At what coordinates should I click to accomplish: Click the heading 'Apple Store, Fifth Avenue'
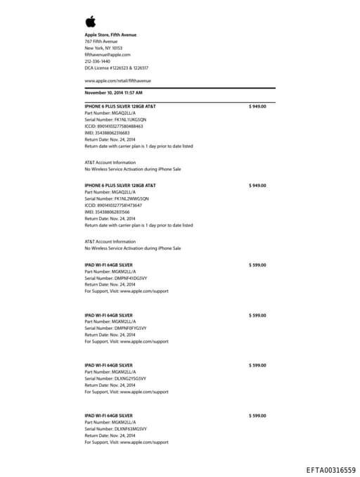tap(110, 34)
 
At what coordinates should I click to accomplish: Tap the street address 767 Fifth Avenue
tap(101, 42)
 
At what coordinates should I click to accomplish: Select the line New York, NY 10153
tap(103, 48)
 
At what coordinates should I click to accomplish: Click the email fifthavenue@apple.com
tap(108, 55)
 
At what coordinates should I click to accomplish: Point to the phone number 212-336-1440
tap(97, 61)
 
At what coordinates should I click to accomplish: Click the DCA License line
tap(116, 68)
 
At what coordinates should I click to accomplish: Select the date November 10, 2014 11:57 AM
tap(113, 92)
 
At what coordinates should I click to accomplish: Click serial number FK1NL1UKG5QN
tap(115, 120)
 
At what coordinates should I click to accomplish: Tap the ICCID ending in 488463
tap(113, 126)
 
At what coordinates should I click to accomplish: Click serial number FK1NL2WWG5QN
tap(116, 198)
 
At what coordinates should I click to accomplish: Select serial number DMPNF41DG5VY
tap(115, 278)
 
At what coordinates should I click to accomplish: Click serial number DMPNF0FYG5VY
tap(115, 329)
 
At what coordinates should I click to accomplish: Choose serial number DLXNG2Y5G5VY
tap(115, 379)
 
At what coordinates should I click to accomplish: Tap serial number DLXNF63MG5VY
tap(115, 428)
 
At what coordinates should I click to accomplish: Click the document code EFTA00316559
tap(330, 469)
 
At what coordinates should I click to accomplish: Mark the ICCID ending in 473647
tap(113, 205)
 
